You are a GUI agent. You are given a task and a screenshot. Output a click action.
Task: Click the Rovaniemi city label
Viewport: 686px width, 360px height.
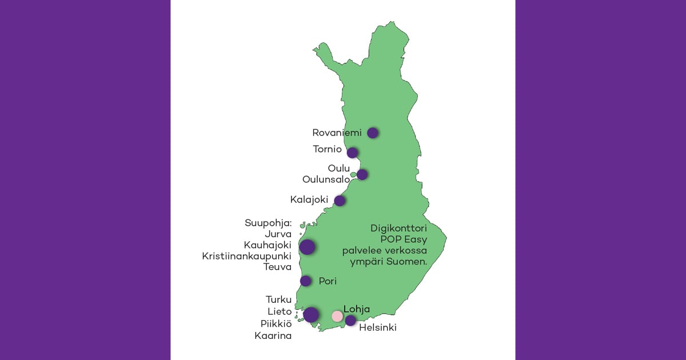pyautogui.click(x=337, y=133)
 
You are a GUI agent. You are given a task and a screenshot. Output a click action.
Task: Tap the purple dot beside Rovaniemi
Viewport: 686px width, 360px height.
pyautogui.click(x=373, y=133)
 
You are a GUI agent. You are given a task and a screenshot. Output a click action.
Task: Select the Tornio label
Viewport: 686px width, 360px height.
pyautogui.click(x=327, y=149)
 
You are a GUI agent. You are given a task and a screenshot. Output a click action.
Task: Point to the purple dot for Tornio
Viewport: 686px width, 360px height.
pyautogui.click(x=353, y=153)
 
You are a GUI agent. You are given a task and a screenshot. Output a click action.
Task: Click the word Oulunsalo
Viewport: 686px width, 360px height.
pyautogui.click(x=326, y=179)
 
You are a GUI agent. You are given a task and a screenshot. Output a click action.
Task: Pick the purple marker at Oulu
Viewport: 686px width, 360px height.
pyautogui.click(x=362, y=174)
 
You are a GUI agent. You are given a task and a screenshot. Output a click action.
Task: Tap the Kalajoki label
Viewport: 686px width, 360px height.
pyautogui.click(x=309, y=200)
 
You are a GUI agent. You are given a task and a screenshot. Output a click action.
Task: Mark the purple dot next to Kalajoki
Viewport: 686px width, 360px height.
pyautogui.click(x=340, y=201)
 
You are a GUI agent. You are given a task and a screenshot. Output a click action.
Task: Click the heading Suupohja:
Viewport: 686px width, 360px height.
pyautogui.click(x=268, y=223)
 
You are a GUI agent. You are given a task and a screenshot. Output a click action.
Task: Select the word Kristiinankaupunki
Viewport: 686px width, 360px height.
pyautogui.click(x=247, y=255)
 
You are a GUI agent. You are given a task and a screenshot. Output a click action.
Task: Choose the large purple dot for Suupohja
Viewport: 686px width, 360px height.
pyautogui.click(x=307, y=247)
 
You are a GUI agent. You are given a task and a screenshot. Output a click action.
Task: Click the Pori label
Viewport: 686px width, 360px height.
pyautogui.click(x=328, y=281)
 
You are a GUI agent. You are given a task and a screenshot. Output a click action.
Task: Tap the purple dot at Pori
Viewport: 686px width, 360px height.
pyautogui.click(x=306, y=281)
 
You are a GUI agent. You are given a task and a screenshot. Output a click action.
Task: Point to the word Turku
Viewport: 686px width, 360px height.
pyautogui.click(x=278, y=299)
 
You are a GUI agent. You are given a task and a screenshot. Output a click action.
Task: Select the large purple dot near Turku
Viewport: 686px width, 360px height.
pyautogui.click(x=311, y=314)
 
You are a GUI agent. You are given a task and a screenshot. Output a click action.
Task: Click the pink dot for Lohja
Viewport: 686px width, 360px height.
pyautogui.click(x=337, y=316)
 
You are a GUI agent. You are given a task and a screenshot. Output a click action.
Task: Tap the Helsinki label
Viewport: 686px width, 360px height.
pyautogui.click(x=377, y=328)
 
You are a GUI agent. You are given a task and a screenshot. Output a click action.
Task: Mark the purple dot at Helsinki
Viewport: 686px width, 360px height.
pyautogui.click(x=350, y=320)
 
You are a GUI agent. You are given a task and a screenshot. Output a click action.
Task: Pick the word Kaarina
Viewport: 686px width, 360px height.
pyautogui.click(x=273, y=335)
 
